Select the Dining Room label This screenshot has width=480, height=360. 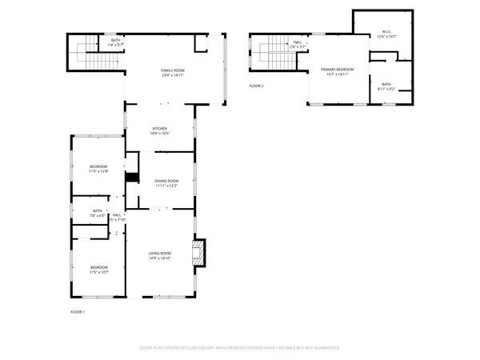coord(166,181)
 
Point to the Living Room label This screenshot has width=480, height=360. coord(160,254)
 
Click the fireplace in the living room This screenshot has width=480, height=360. coord(198,253)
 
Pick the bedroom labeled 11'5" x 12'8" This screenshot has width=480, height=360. coord(98,169)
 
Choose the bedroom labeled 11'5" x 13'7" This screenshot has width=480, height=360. coord(98,270)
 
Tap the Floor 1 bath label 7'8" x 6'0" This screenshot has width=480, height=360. coord(98,213)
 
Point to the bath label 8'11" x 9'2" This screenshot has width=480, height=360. coord(386,86)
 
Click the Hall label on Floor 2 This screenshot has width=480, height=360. coord(297,44)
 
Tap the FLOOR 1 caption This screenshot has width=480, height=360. coord(78,310)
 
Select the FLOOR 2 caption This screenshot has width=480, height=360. coord(256,86)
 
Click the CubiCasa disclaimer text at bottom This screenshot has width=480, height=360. coord(240,348)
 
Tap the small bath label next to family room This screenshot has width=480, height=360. coord(115,42)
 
